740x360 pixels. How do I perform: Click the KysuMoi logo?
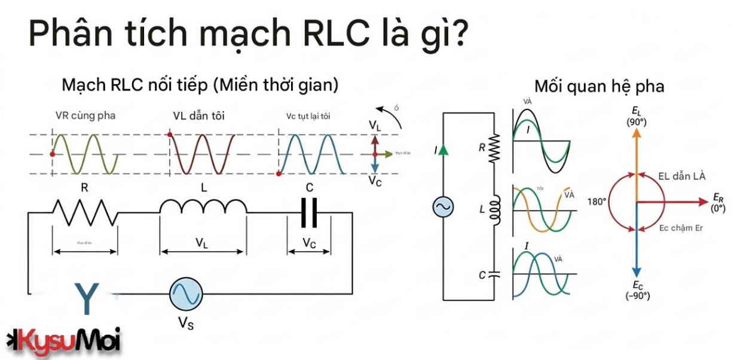pyautogui.click(x=63, y=341)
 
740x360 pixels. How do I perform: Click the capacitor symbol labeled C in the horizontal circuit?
pyautogui.click(x=309, y=212)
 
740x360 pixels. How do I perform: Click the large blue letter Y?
pyautogui.click(x=87, y=300)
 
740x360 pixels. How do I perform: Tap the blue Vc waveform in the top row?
pyautogui.click(x=311, y=154)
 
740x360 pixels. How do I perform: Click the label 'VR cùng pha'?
pyautogui.click(x=85, y=115)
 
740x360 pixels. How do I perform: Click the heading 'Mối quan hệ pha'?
pyautogui.click(x=599, y=86)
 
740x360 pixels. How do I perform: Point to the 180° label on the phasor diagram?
pyautogui.click(x=597, y=202)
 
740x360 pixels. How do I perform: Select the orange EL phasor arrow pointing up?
pyautogui.click(x=637, y=161)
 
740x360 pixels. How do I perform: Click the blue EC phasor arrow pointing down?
pyautogui.click(x=637, y=245)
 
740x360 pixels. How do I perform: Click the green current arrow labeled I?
pyautogui.click(x=442, y=150)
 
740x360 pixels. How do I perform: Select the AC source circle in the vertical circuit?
pyautogui.click(x=443, y=207)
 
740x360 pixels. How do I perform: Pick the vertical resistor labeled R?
pyautogui.click(x=494, y=147)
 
